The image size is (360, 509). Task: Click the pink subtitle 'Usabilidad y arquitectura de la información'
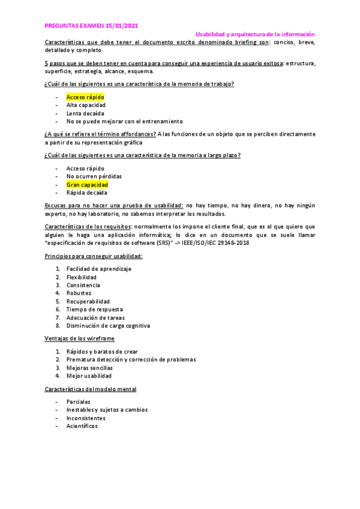pyautogui.click(x=255, y=35)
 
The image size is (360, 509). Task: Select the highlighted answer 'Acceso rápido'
pyautogui.click(x=85, y=97)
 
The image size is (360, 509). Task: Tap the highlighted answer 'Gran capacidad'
pyautogui.click(x=87, y=185)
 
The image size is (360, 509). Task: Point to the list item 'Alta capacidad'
pyautogui.click(x=86, y=105)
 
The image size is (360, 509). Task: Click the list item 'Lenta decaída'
pyautogui.click(x=85, y=113)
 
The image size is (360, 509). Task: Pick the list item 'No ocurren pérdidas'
pyautogui.click(x=94, y=176)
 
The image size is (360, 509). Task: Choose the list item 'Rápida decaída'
pyautogui.click(x=87, y=193)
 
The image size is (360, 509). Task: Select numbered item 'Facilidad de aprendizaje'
pyautogui.click(x=99, y=269)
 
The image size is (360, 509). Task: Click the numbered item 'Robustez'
pyautogui.click(x=79, y=294)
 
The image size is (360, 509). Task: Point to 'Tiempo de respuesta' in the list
pyautogui.click(x=95, y=310)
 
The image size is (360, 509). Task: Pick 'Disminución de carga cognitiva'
pyautogui.click(x=108, y=326)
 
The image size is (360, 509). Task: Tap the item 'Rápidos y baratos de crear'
pyautogui.click(x=103, y=351)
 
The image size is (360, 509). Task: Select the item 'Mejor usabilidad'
pyautogui.click(x=89, y=376)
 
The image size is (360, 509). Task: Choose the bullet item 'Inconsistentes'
pyautogui.click(x=86, y=418)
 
